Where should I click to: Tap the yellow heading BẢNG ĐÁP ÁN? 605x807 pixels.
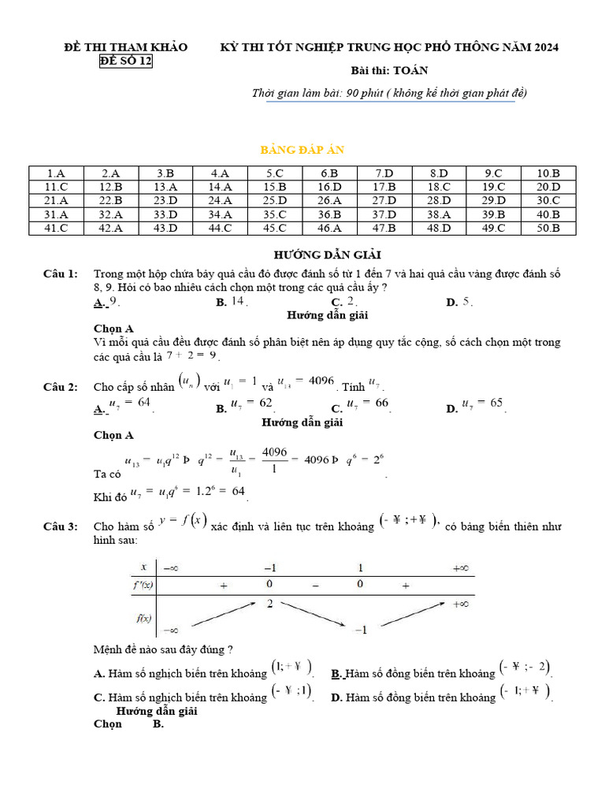click(x=302, y=150)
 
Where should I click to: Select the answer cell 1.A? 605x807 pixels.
click(x=56, y=173)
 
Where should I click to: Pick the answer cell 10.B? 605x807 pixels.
click(x=548, y=173)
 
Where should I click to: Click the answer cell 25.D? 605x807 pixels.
click(x=275, y=201)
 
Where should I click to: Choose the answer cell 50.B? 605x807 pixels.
click(x=548, y=229)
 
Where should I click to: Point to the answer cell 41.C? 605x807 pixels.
click(x=56, y=229)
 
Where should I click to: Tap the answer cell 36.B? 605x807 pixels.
click(x=329, y=214)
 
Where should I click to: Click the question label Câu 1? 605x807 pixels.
click(x=60, y=273)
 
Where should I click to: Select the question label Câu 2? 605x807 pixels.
click(x=60, y=387)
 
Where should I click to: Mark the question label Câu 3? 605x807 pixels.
click(x=60, y=527)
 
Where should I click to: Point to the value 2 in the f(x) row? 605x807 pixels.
click(x=269, y=604)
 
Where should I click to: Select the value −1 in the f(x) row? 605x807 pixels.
click(x=361, y=630)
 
